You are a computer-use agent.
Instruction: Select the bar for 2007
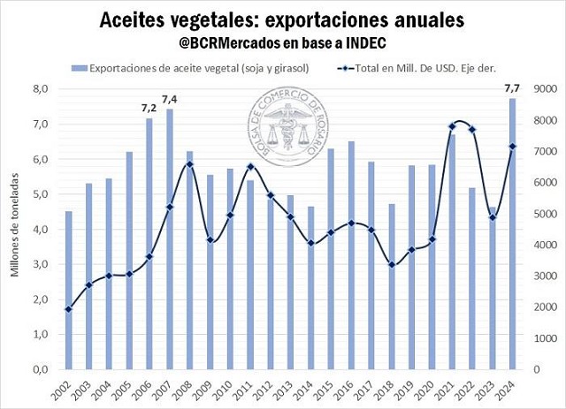tap(170, 239)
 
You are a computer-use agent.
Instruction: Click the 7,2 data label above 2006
tap(149, 108)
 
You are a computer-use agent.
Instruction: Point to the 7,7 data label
tap(511, 87)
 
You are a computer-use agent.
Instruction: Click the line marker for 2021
tap(453, 126)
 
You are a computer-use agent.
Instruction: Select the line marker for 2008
tap(190, 164)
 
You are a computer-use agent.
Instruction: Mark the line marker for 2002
tap(69, 309)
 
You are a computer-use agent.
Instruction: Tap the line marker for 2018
tap(393, 265)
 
